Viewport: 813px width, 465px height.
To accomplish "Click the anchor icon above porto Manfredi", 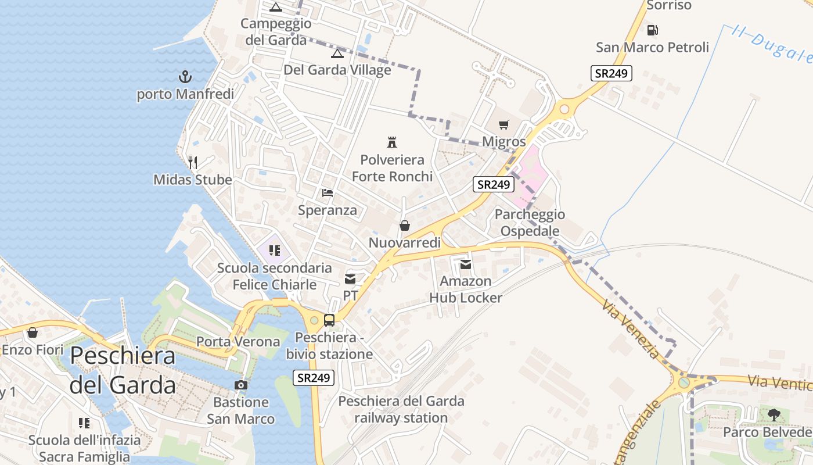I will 185,77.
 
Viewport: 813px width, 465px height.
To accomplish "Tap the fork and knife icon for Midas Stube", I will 193,162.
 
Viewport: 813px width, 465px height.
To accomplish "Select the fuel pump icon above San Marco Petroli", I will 653,30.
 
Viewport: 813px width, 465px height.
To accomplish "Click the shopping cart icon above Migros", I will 503,124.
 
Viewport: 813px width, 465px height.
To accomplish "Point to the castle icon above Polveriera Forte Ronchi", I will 392,142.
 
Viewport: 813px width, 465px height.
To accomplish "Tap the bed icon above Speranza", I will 328,192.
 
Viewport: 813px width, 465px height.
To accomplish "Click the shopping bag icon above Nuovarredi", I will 405,226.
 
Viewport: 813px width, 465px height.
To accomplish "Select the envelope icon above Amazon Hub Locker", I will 466,264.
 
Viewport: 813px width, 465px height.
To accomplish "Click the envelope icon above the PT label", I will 350,279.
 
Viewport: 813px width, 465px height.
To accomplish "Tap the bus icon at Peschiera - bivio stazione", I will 329,320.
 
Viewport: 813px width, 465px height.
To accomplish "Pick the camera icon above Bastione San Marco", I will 240,385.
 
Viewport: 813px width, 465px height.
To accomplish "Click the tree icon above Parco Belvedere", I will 774,414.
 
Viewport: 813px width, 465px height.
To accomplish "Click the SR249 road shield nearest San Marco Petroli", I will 611,73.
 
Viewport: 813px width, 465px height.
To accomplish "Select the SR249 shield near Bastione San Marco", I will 314,377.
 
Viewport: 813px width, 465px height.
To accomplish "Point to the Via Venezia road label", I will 631,329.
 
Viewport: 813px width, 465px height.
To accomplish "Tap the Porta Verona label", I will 238,341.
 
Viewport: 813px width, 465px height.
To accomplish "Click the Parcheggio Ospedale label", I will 530,223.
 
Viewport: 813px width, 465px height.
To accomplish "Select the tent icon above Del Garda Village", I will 337,54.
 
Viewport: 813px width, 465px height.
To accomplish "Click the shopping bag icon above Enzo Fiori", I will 33,332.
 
